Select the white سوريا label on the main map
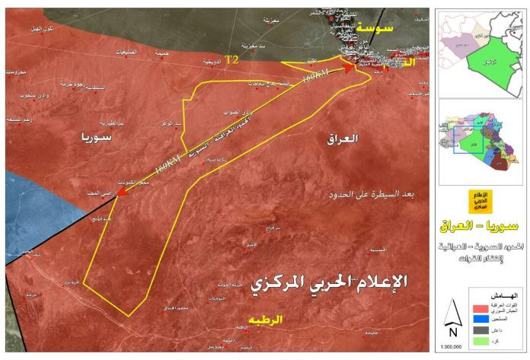click(x=95, y=138)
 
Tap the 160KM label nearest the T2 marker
click(x=316, y=78)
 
